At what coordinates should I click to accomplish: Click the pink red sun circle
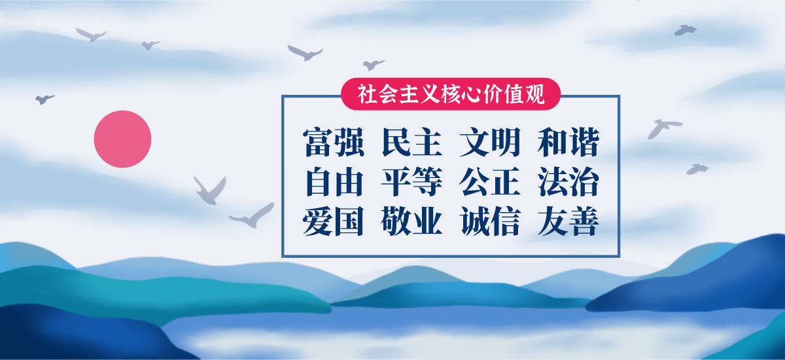(x=123, y=139)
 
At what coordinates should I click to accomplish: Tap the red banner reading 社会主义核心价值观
(x=451, y=94)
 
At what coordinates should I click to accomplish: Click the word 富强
(x=334, y=142)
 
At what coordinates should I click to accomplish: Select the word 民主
(x=411, y=142)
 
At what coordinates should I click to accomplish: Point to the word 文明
(x=490, y=142)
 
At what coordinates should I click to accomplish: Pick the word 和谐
(x=568, y=142)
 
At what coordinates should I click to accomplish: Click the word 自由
(x=334, y=181)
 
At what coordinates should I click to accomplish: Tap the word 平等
(x=411, y=181)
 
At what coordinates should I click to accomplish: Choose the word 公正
(x=490, y=181)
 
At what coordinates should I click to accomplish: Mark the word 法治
(x=568, y=181)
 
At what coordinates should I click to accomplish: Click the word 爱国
(x=333, y=221)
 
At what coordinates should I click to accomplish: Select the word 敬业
(x=411, y=221)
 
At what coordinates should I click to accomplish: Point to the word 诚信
(x=490, y=221)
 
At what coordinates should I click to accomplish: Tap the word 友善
(x=568, y=221)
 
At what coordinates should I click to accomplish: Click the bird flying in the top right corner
(x=685, y=30)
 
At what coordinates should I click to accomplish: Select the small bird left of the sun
(x=44, y=99)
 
